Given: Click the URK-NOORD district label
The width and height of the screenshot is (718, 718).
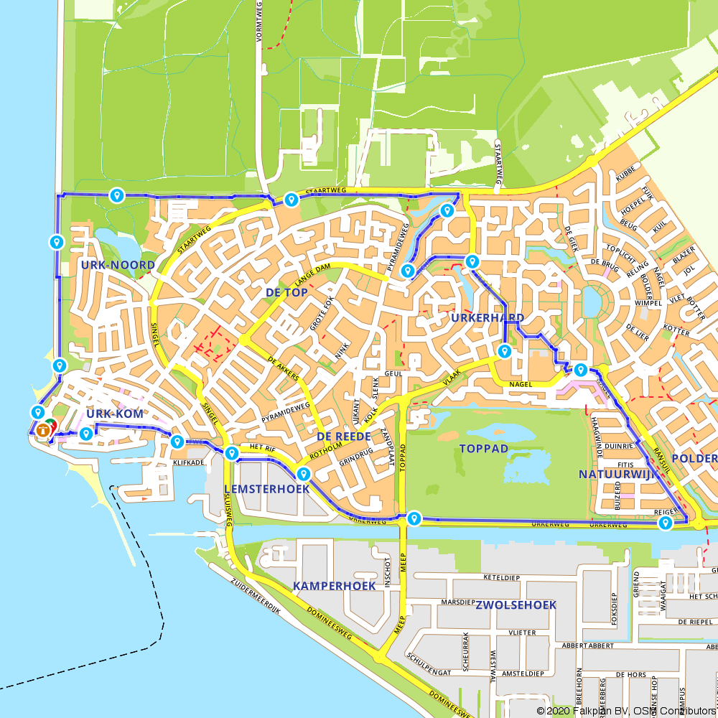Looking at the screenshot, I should point(118,265).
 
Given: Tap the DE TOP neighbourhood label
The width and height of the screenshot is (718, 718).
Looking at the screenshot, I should point(286,292).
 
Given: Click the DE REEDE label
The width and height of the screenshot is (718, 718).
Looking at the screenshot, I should point(343,437).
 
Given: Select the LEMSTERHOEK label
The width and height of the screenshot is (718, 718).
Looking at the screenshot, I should point(266,489).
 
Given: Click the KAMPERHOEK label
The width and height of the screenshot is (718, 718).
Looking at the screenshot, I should point(335,587).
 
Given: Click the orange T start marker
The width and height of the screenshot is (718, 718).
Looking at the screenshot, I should point(44,430).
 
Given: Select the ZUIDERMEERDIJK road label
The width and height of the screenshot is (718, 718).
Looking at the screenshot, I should point(255,596).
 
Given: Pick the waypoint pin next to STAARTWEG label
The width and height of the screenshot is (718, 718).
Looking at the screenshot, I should point(291,200).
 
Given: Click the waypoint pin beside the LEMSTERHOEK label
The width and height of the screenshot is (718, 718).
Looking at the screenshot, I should point(303,474).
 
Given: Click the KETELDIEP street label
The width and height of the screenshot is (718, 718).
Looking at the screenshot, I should point(501,577).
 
